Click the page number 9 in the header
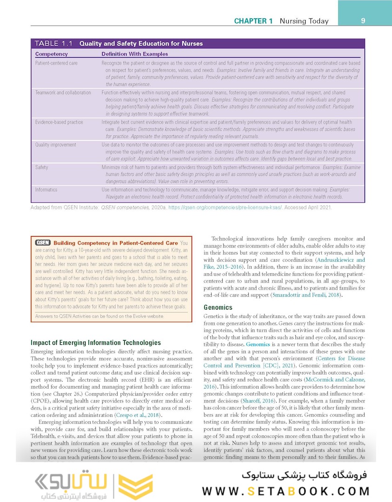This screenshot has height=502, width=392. coord(363,20)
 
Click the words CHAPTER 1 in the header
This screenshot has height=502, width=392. coord(253,21)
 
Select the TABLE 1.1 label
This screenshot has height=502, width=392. coord(54,44)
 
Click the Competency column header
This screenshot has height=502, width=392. coord(52,54)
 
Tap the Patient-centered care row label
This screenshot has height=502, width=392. coord(56,63)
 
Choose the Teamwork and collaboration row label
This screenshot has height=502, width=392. coord(63,92)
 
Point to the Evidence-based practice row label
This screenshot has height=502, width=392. coord(59,122)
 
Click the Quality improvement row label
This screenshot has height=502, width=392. coord(56,145)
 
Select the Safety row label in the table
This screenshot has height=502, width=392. coord(42,167)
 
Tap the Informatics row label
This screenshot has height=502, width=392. coord(47,190)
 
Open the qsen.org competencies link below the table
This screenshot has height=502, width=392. coord(238,207)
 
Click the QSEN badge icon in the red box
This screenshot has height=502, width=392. coord(43,243)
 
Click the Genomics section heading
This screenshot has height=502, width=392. coord(219,307)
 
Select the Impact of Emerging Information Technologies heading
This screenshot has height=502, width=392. coord(95,343)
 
